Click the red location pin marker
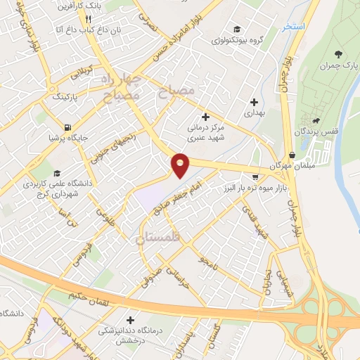click(x=181, y=165)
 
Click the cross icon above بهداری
click(x=253, y=102)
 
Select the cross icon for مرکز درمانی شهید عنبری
click(x=205, y=116)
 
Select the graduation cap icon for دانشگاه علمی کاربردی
click(x=57, y=173)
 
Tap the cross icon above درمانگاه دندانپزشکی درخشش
click(x=129, y=320)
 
